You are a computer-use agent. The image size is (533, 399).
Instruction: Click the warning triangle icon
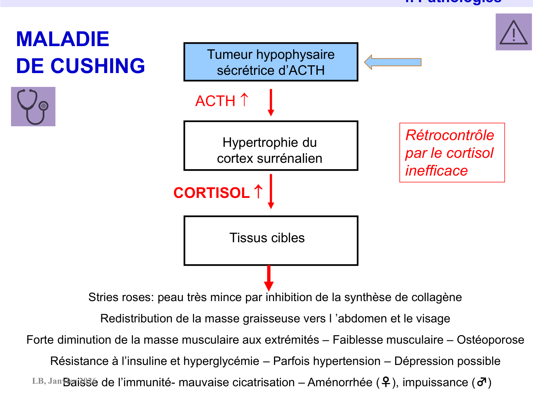(x=513, y=32)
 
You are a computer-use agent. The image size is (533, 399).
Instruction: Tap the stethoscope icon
(x=33, y=106)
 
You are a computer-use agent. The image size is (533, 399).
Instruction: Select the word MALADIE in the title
(x=63, y=39)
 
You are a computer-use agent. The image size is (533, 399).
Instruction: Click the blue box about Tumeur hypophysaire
(x=270, y=62)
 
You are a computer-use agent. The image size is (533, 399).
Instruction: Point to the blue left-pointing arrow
(x=393, y=62)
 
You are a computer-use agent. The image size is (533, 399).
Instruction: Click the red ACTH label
(x=215, y=101)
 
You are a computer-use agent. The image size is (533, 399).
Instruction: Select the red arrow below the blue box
(x=271, y=102)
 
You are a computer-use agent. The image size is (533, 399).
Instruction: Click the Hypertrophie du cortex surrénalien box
(x=270, y=146)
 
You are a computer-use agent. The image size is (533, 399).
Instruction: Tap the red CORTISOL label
(x=211, y=193)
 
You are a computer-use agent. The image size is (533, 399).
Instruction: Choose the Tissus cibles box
(x=270, y=240)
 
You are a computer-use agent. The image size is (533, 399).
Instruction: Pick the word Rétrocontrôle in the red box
(x=449, y=135)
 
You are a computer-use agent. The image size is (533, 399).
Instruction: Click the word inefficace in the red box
(x=436, y=171)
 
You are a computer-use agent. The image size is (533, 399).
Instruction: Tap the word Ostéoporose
(x=490, y=340)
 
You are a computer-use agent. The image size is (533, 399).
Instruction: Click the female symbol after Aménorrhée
(x=386, y=382)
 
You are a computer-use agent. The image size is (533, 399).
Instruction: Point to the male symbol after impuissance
(x=481, y=382)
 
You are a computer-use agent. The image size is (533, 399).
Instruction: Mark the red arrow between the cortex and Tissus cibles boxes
(x=271, y=191)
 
